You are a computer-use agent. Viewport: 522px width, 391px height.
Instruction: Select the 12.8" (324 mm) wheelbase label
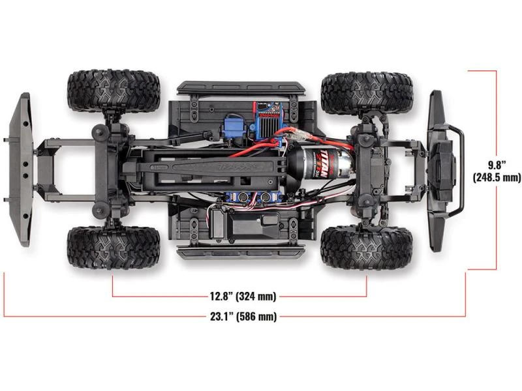point(239,297)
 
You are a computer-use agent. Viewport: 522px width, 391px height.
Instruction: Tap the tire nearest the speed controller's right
point(367,93)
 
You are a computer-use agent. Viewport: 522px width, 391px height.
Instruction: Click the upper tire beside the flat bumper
point(113,91)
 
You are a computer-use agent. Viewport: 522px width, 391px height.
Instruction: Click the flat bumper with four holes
point(22,169)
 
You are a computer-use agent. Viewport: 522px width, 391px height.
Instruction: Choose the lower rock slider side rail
point(240,251)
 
